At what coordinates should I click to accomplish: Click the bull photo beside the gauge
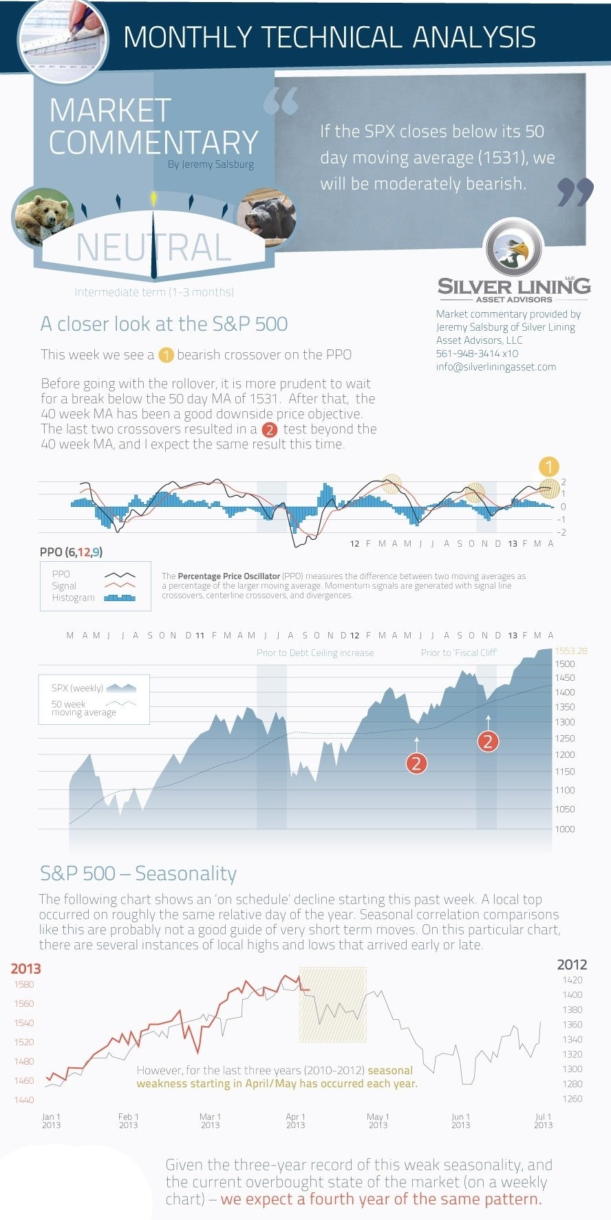click(268, 215)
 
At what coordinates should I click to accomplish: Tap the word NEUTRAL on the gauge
click(153, 248)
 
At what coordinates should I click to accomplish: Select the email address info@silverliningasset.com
click(495, 367)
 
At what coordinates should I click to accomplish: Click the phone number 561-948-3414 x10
click(477, 353)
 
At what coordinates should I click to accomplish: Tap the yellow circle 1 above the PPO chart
click(548, 468)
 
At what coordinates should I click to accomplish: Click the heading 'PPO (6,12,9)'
click(72, 552)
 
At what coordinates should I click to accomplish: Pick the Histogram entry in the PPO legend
click(74, 598)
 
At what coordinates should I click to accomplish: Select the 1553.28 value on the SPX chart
click(571, 651)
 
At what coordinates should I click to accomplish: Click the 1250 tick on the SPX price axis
click(564, 739)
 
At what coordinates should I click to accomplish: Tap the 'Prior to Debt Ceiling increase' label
click(315, 653)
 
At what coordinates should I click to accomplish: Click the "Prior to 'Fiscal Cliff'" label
click(459, 653)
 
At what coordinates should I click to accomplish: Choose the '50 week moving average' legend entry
click(83, 708)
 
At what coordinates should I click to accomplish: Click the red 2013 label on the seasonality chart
click(26, 968)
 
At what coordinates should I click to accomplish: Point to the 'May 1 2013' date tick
click(378, 1121)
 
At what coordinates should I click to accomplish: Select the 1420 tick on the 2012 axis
click(572, 980)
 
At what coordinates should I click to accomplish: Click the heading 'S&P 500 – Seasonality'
click(138, 873)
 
